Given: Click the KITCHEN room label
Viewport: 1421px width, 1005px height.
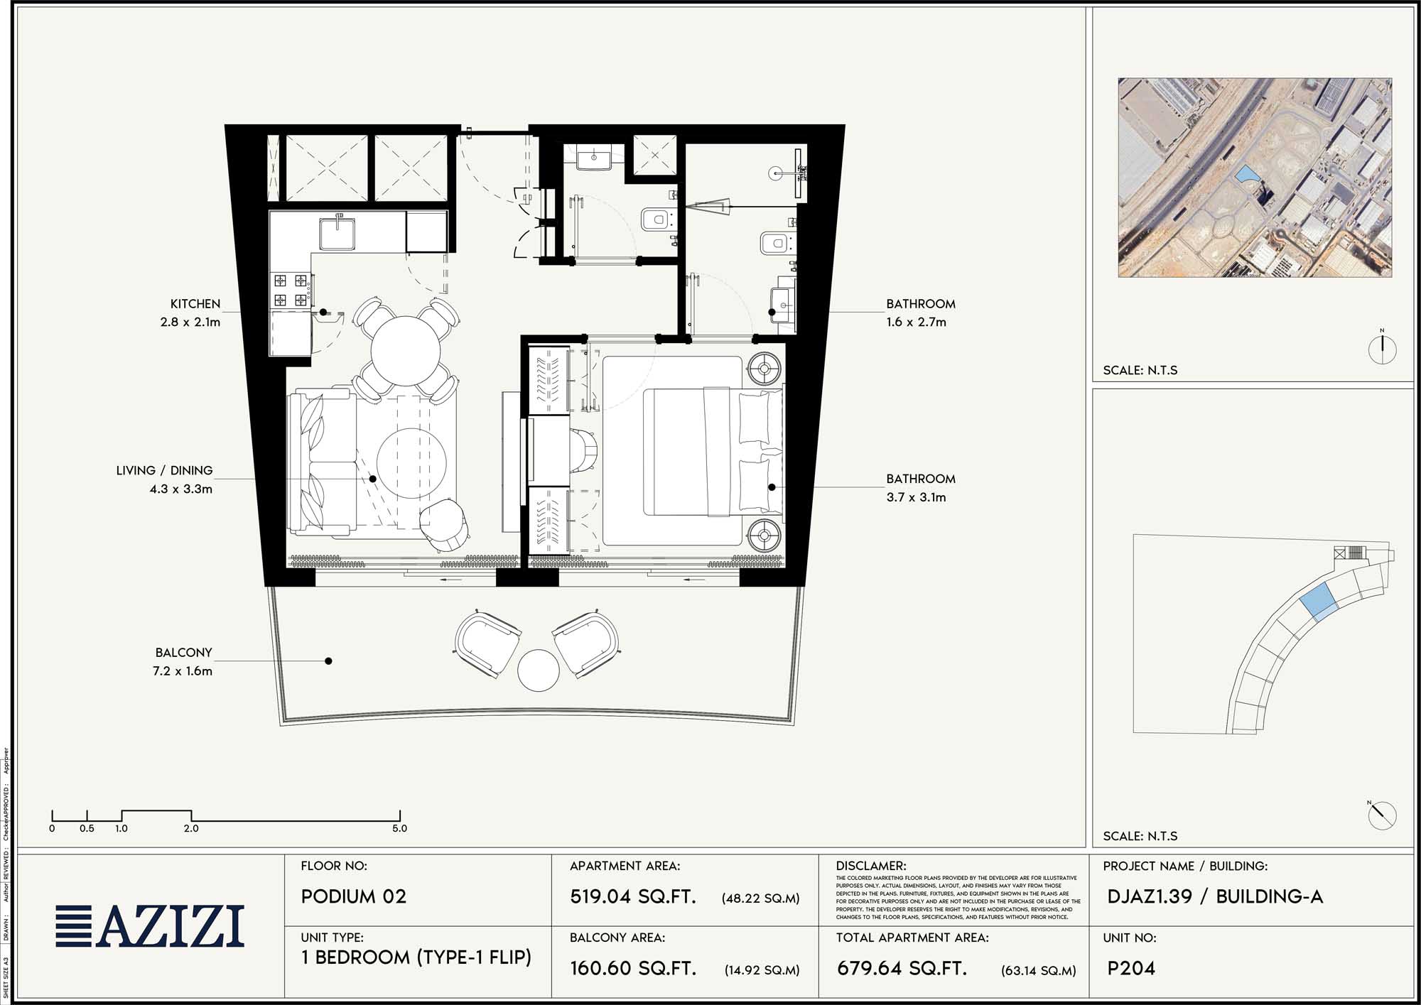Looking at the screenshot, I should click(x=195, y=304).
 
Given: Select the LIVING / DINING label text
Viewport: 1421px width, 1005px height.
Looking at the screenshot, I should click(x=164, y=471).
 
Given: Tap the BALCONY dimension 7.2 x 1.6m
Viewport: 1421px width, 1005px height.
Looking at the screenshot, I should click(x=182, y=671).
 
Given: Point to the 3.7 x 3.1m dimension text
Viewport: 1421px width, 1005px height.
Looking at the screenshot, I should click(x=916, y=498).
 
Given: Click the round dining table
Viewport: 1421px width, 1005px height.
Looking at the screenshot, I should click(x=405, y=350).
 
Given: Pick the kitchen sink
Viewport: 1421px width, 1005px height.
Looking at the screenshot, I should click(x=337, y=234).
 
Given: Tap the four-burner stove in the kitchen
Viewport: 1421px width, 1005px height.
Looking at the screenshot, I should click(x=291, y=290).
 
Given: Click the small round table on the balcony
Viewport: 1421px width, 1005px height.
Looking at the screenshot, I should click(x=539, y=670).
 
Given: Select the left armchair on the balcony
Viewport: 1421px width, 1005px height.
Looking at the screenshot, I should click(x=487, y=643).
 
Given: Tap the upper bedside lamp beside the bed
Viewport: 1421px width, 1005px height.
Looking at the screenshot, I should click(x=764, y=369).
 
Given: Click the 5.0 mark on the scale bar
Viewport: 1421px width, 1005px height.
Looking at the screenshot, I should click(x=399, y=828).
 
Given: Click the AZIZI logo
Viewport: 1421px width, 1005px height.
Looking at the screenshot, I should click(x=151, y=926).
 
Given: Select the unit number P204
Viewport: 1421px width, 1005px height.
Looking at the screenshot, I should click(x=1131, y=969).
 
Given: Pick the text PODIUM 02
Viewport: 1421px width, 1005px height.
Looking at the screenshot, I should click(x=354, y=897).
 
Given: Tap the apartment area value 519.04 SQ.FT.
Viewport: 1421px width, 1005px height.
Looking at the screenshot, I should click(x=632, y=897).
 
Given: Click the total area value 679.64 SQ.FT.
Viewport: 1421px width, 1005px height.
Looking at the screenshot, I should click(x=901, y=969).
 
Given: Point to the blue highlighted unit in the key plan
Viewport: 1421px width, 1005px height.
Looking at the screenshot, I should click(x=1317, y=601).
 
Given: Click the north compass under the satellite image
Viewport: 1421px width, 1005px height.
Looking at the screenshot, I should click(x=1382, y=349).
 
